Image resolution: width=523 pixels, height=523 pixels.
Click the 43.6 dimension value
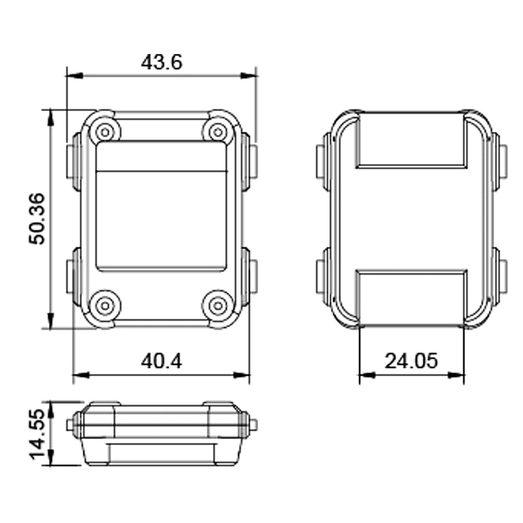pyautogui.click(x=161, y=62)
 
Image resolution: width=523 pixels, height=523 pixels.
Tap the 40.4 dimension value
pyautogui.click(x=161, y=361)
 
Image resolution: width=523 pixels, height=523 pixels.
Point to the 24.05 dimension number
pyautogui.click(x=411, y=361)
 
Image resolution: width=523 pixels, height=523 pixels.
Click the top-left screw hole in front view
pyautogui.click(x=105, y=132)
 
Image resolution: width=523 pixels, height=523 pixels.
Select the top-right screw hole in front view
pyautogui.click(x=218, y=132)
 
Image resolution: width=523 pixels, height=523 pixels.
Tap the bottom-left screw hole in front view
pyautogui.click(x=105, y=305)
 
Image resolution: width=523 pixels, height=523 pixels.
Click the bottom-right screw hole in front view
pyautogui.click(x=218, y=305)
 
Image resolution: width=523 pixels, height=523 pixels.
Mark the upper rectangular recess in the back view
pyautogui.click(x=411, y=139)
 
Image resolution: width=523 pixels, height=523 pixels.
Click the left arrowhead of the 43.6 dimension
pyautogui.click(x=73, y=76)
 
